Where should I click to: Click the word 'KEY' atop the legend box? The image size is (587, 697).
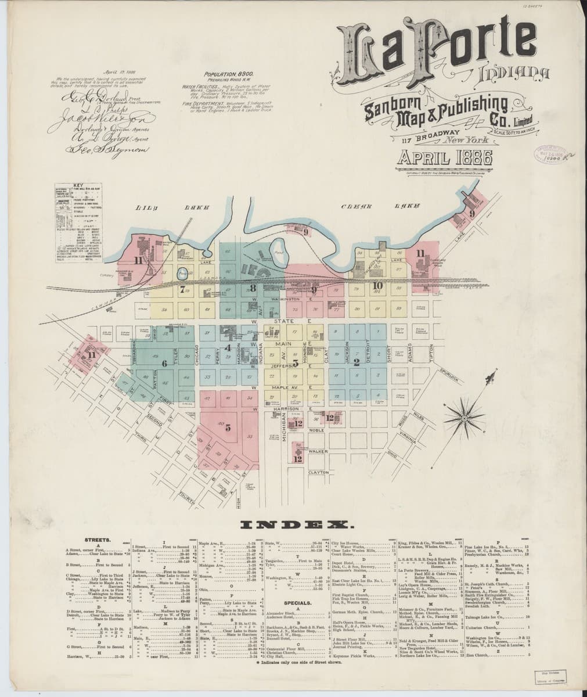(x=79, y=186)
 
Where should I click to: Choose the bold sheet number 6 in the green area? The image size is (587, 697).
(x=165, y=364)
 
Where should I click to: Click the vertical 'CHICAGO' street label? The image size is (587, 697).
(x=197, y=355)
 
